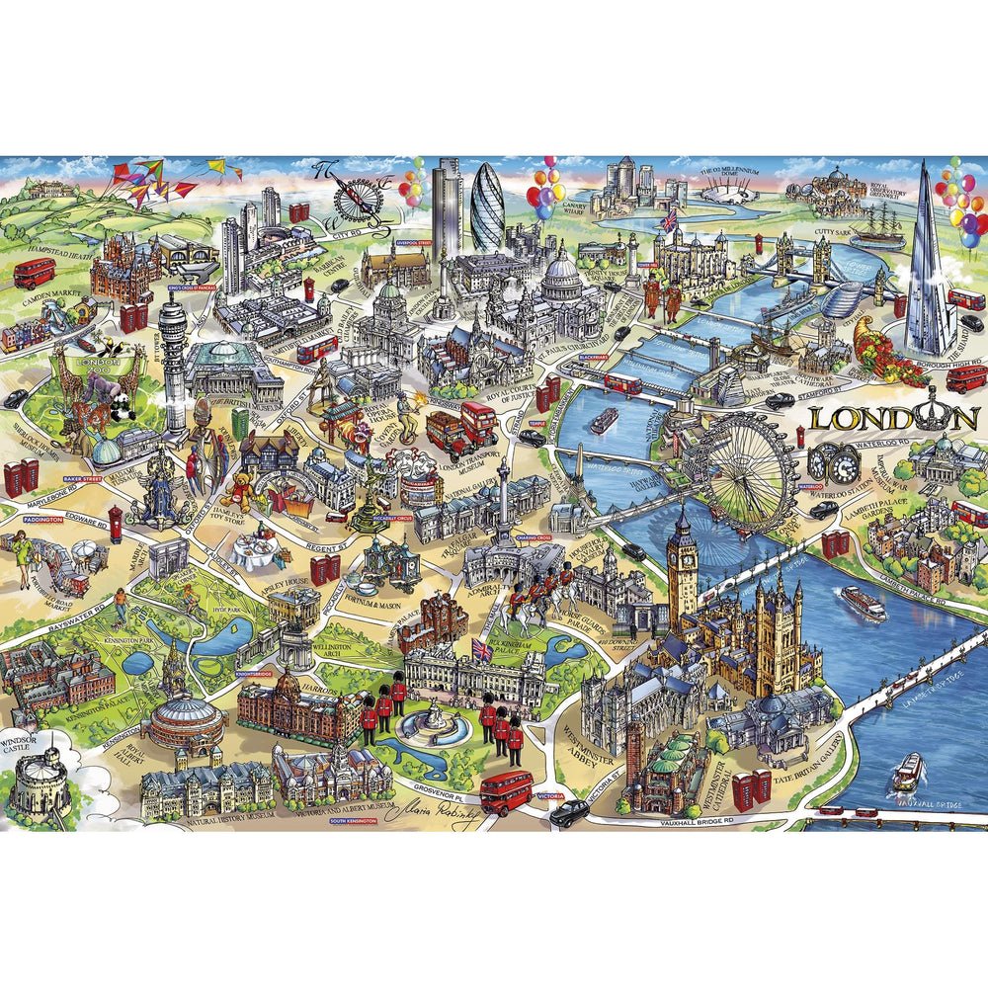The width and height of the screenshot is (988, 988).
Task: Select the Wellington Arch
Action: (x=293, y=647)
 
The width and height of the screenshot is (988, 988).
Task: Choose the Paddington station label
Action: (x=42, y=519)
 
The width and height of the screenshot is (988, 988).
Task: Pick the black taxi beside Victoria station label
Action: (x=570, y=813)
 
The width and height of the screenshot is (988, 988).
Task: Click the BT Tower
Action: (x=174, y=356)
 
